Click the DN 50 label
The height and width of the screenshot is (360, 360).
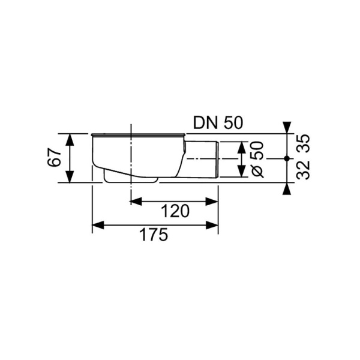click(x=217, y=122)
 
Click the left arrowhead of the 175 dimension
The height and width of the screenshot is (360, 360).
click(x=97, y=225)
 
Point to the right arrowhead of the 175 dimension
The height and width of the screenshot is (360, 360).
click(x=212, y=225)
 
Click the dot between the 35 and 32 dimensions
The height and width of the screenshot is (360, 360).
click(x=287, y=158)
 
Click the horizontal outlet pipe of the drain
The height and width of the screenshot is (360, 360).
click(x=201, y=158)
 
